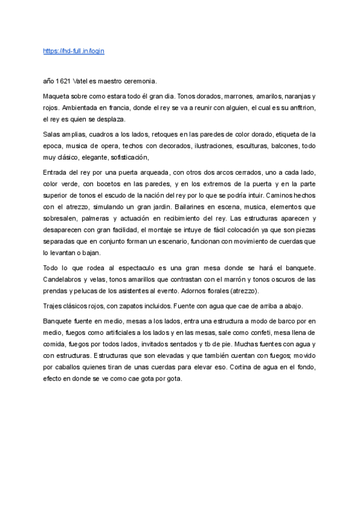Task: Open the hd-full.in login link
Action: [74, 51]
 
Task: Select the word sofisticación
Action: [126, 157]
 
